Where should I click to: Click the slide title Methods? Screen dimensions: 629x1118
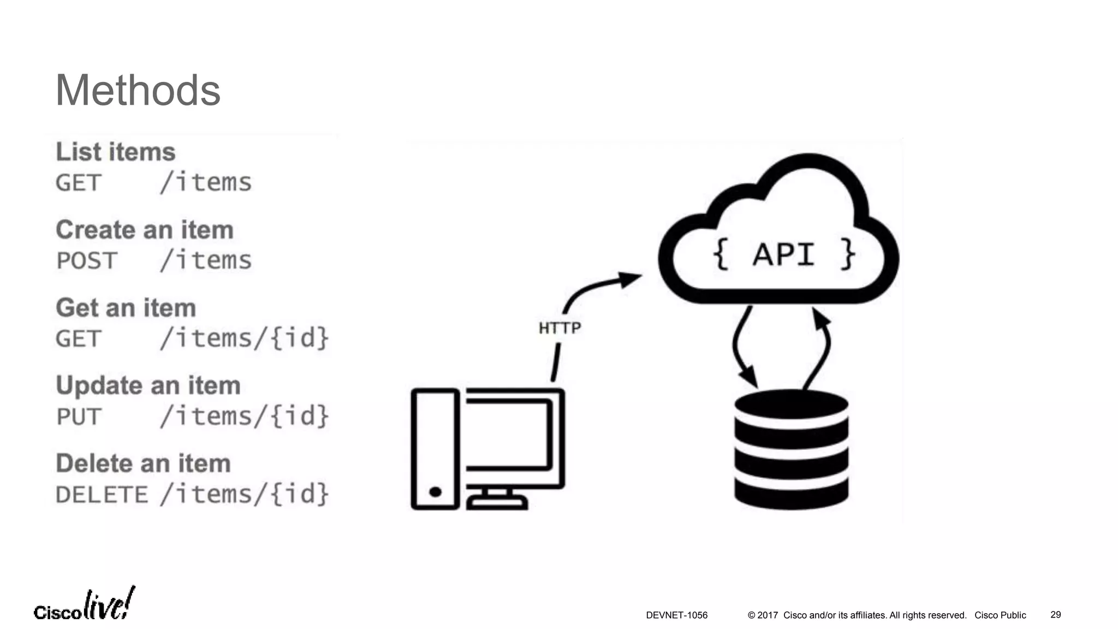(138, 91)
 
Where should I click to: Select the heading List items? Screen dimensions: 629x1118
(116, 152)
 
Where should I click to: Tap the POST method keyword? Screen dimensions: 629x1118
(87, 261)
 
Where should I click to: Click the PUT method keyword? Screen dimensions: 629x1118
(79, 417)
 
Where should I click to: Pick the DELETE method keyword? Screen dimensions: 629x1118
(102, 495)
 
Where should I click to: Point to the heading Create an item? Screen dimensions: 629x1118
(145, 230)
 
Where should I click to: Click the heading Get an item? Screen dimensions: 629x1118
(126, 308)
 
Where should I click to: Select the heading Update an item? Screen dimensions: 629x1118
(148, 385)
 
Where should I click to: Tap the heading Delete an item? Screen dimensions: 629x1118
(144, 464)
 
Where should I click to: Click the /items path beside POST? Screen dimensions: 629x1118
(206, 260)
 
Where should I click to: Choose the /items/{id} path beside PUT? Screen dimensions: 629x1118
(245, 416)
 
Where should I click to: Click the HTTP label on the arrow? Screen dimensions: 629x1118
(560, 328)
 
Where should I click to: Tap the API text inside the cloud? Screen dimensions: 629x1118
(784, 254)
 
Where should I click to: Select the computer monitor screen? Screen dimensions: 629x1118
(508, 435)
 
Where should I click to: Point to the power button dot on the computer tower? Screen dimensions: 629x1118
(435, 492)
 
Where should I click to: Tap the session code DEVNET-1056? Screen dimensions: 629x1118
(676, 615)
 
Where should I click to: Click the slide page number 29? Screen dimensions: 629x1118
(1055, 615)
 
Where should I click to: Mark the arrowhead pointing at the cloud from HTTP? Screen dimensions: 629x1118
(631, 279)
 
